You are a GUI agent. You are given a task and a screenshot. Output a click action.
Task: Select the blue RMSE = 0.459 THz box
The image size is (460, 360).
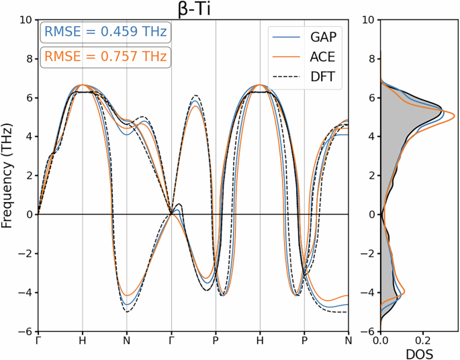[105, 32]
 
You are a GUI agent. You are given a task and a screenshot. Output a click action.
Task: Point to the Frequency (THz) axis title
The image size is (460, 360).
[8, 176]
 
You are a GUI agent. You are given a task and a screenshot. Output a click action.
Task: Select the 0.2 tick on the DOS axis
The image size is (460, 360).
[423, 341]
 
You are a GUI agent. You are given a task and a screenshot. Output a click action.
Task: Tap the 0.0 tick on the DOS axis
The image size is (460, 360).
[381, 341]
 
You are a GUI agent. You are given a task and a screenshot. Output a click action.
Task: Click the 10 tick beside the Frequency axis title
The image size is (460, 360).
[25, 20]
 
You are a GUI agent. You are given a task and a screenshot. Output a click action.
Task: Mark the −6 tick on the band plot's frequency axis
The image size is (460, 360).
[25, 332]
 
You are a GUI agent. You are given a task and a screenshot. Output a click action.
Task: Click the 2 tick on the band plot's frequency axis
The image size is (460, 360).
[28, 176]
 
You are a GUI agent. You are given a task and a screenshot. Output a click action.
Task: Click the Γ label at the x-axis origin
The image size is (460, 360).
[38, 341]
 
